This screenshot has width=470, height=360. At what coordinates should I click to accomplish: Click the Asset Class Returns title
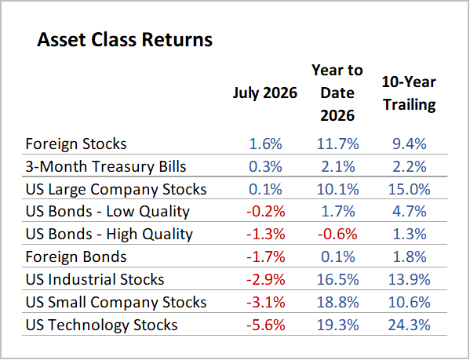coord(125,39)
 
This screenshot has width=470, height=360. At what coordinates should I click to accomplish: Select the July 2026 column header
coord(265,93)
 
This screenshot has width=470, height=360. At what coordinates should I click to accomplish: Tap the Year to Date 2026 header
coord(337,93)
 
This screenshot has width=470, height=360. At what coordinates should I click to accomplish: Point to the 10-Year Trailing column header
coord(409,93)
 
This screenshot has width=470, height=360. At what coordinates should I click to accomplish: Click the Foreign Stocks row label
coord(76,144)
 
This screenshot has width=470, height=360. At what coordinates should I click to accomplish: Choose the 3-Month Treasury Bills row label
coord(106,166)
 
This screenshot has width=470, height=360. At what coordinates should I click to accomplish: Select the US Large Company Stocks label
coord(116,189)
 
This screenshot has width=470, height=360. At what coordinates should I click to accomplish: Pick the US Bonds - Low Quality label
coord(107,212)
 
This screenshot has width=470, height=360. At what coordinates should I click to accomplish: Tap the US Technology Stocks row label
coord(102,325)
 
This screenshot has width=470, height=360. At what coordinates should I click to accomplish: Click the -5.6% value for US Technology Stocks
coord(265,325)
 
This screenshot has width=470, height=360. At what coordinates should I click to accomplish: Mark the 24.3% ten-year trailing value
coord(409,325)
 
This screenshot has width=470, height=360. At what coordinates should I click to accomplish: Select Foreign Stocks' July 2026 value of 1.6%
coord(265,144)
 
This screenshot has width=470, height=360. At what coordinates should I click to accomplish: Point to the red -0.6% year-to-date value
coord(337,234)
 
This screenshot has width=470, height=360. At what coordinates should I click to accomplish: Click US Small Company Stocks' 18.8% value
coord(337,302)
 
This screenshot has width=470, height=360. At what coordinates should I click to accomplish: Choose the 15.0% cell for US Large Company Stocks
coord(409,189)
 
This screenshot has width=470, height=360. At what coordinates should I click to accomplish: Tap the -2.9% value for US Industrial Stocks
coord(265,279)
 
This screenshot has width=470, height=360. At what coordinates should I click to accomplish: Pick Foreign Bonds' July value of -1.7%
coord(265,256)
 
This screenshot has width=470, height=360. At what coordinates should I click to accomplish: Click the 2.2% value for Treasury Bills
coord(410,166)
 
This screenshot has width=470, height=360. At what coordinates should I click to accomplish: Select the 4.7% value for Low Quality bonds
coord(410,212)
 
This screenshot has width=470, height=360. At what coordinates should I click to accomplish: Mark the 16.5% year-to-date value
coord(337,279)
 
